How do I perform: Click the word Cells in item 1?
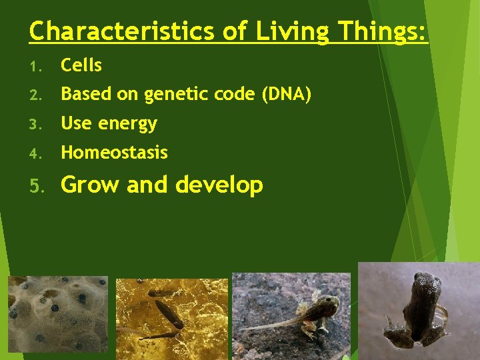click(81, 65)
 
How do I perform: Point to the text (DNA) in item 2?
click(287, 95)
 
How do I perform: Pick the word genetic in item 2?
click(175, 95)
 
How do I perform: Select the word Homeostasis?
click(114, 153)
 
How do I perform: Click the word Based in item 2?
click(85, 95)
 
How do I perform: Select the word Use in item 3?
click(75, 123)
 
